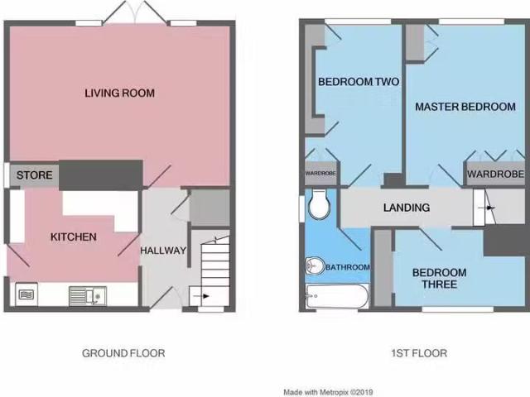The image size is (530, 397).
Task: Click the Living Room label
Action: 119,93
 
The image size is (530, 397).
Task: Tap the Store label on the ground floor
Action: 35,175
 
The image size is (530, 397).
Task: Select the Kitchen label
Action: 74,237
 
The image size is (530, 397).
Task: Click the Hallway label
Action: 163,250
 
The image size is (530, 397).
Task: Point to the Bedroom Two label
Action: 359,81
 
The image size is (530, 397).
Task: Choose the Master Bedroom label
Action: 465,107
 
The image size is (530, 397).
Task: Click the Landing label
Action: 407,208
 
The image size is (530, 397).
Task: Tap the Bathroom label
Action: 348,267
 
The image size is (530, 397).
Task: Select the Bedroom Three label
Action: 440,278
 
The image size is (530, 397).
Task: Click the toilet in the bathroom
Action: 318,204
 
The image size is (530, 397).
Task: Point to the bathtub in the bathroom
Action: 337,296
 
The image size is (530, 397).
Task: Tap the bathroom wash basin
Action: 313,265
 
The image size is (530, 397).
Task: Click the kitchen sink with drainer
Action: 88,296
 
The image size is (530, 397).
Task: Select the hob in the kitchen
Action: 26,294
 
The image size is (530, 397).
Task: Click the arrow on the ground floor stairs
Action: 205,296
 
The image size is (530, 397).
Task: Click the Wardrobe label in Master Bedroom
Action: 496,174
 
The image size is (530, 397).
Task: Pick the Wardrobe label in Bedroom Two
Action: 320,173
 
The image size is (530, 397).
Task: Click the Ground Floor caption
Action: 123,353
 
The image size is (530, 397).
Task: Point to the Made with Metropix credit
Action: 328,392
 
